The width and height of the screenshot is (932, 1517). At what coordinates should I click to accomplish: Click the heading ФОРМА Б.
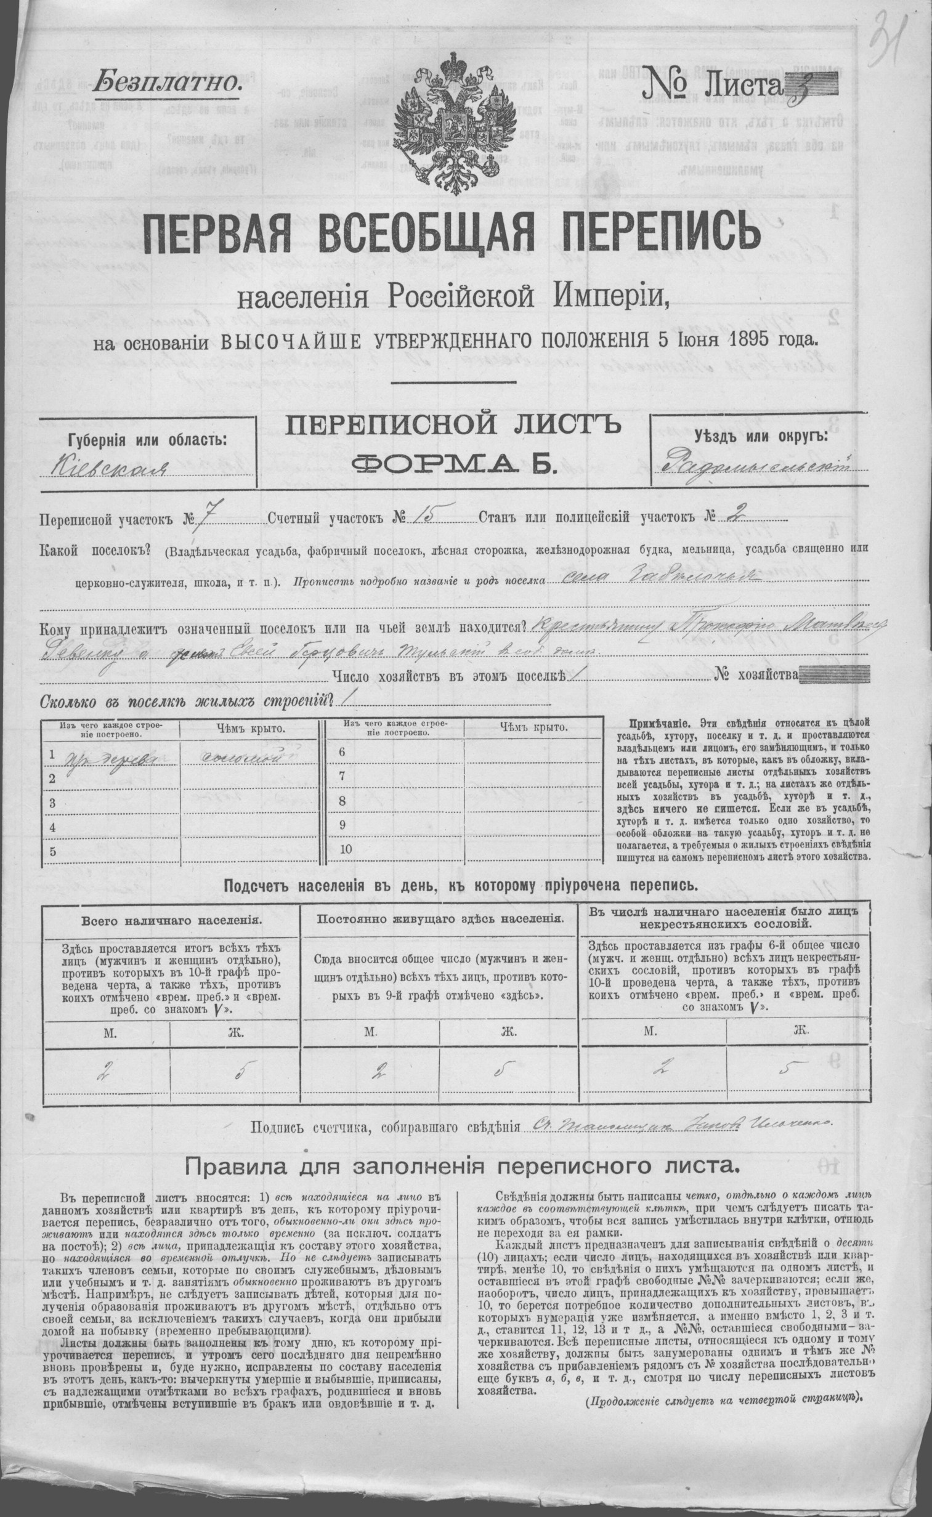pyautogui.click(x=453, y=463)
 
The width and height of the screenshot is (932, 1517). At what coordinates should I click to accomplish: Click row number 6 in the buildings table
pyautogui.click(x=342, y=751)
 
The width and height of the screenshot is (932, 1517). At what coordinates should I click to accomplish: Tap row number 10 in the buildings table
pyautogui.click(x=345, y=849)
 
